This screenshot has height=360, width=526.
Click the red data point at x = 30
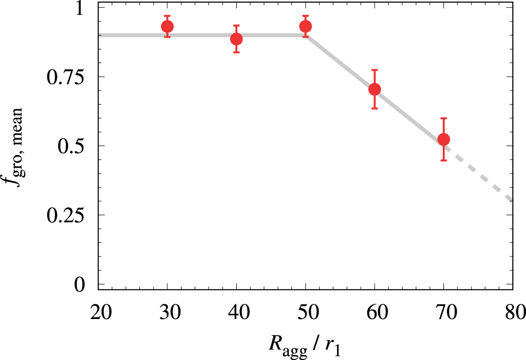[x=167, y=26]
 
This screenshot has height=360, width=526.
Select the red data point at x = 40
[x=236, y=39]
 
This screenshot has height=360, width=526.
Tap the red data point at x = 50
[x=306, y=26]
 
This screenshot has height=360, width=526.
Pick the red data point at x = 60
[x=375, y=89]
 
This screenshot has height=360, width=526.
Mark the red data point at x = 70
[x=443, y=139]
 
